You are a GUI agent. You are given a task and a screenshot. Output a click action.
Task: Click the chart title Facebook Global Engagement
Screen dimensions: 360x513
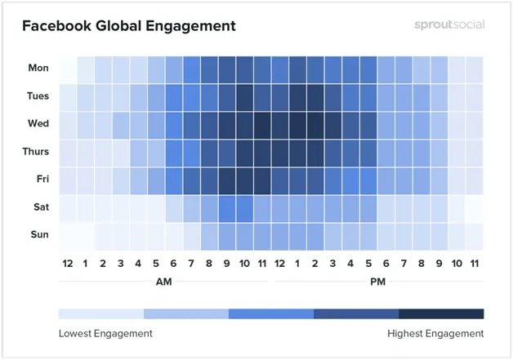point(128,26)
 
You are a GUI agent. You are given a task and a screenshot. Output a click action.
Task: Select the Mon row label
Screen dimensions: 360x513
point(38,69)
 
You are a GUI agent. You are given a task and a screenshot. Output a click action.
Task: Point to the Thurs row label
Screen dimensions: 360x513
point(35,152)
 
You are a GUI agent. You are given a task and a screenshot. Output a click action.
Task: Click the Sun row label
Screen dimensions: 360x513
point(38,235)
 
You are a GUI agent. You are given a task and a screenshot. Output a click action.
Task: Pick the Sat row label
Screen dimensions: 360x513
point(39,207)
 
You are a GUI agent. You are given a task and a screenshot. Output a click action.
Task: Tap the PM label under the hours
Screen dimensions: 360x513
point(377,282)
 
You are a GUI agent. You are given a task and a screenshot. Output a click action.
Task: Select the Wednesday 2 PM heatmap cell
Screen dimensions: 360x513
point(314,124)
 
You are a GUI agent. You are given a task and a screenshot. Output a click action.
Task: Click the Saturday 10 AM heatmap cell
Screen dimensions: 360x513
point(244,207)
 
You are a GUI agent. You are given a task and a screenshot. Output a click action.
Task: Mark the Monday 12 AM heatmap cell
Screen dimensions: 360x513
point(68,69)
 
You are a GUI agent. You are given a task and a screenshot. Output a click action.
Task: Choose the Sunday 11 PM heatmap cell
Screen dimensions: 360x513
point(474,235)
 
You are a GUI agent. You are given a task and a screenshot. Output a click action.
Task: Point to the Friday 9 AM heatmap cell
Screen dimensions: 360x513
point(226,180)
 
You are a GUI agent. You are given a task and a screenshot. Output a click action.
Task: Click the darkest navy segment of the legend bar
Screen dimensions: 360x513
point(441,313)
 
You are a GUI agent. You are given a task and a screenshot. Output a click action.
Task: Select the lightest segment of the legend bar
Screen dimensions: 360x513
point(101,313)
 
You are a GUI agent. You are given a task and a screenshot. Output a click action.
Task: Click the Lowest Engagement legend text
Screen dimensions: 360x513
point(105,333)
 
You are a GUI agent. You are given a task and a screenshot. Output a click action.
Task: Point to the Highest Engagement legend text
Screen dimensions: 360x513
point(435,333)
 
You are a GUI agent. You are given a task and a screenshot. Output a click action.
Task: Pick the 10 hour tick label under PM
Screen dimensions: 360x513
point(456,263)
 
